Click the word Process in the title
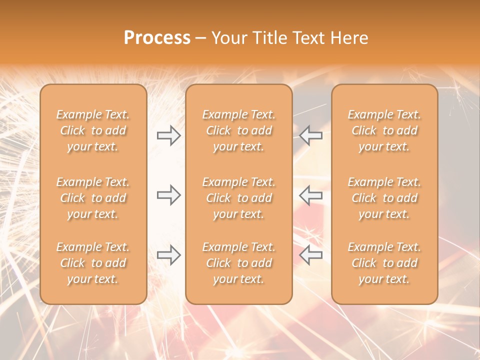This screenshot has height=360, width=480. (157, 37)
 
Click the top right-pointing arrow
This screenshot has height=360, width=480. (168, 135)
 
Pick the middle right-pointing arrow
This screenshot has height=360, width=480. (168, 195)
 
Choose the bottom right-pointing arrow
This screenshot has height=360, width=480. (168, 255)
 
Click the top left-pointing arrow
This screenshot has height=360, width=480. (311, 135)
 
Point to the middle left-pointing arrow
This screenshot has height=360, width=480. (311, 195)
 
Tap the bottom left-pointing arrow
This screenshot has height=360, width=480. (311, 255)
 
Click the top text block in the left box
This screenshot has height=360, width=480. (93, 130)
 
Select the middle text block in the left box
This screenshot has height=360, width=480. (93, 198)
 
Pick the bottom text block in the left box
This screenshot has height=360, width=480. (93, 263)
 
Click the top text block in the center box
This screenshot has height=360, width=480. (238, 130)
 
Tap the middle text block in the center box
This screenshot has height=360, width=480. (238, 198)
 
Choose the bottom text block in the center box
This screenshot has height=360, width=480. (238, 263)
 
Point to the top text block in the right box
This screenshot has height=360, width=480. (384, 130)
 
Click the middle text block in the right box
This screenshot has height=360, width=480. (384, 198)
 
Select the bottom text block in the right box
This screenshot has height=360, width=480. (384, 263)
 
